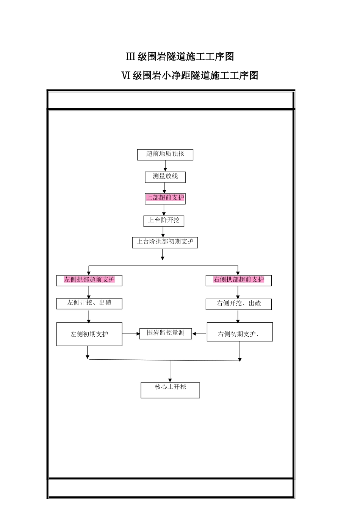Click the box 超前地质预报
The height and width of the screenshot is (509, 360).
click(x=165, y=154)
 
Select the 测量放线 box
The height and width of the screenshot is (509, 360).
click(x=165, y=177)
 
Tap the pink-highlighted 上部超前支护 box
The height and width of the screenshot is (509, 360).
click(x=165, y=198)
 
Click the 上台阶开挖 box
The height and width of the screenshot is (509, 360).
click(x=164, y=221)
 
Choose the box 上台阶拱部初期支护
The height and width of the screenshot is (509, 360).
click(x=165, y=242)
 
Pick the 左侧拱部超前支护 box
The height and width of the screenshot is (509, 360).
click(x=89, y=280)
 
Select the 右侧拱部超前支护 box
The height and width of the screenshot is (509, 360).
click(x=238, y=280)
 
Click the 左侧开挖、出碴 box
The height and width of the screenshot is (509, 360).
click(x=89, y=303)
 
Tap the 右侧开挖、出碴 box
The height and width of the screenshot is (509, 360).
click(x=238, y=304)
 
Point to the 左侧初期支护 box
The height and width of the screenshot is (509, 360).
click(x=89, y=334)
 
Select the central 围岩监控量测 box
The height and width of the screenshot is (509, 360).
click(x=166, y=333)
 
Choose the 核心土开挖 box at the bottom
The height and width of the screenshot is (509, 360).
click(x=170, y=390)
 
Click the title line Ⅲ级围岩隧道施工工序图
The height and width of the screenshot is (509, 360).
click(x=180, y=57)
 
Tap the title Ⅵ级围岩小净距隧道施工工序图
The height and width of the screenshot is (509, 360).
click(x=189, y=76)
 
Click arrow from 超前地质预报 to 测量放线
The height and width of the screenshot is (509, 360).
click(x=165, y=166)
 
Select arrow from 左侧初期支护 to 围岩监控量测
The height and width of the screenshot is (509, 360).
click(x=131, y=334)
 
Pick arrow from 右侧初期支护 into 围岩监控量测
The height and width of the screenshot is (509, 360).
click(x=199, y=334)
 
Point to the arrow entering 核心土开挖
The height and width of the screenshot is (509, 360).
click(x=170, y=372)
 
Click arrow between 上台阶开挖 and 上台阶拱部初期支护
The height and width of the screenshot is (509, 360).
click(x=163, y=232)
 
